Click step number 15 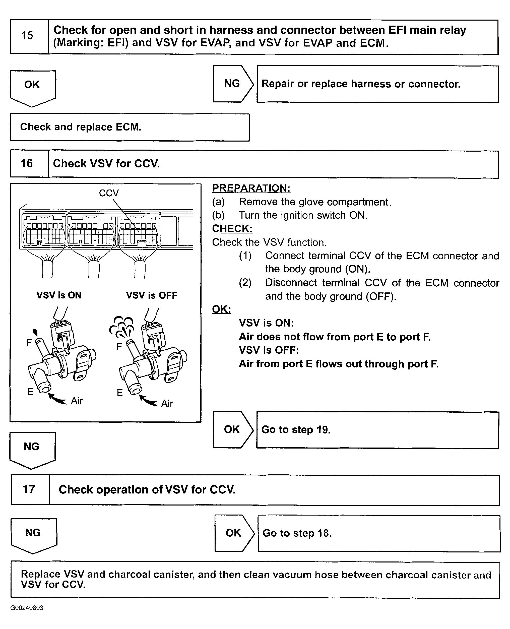[x=27, y=36]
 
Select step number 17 [x=29, y=489]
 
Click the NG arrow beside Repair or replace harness [x=232, y=84]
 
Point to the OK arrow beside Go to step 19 [x=232, y=429]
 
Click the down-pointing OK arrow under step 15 [x=32, y=86]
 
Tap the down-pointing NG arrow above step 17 [x=31, y=449]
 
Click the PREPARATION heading [x=251, y=188]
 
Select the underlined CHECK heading [x=232, y=229]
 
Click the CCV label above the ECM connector [x=109, y=193]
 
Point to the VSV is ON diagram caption [x=59, y=295]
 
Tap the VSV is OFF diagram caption [x=152, y=295]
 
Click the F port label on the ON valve [x=29, y=342]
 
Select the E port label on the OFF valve [x=119, y=393]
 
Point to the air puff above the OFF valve [x=121, y=326]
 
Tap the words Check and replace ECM [x=81, y=127]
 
